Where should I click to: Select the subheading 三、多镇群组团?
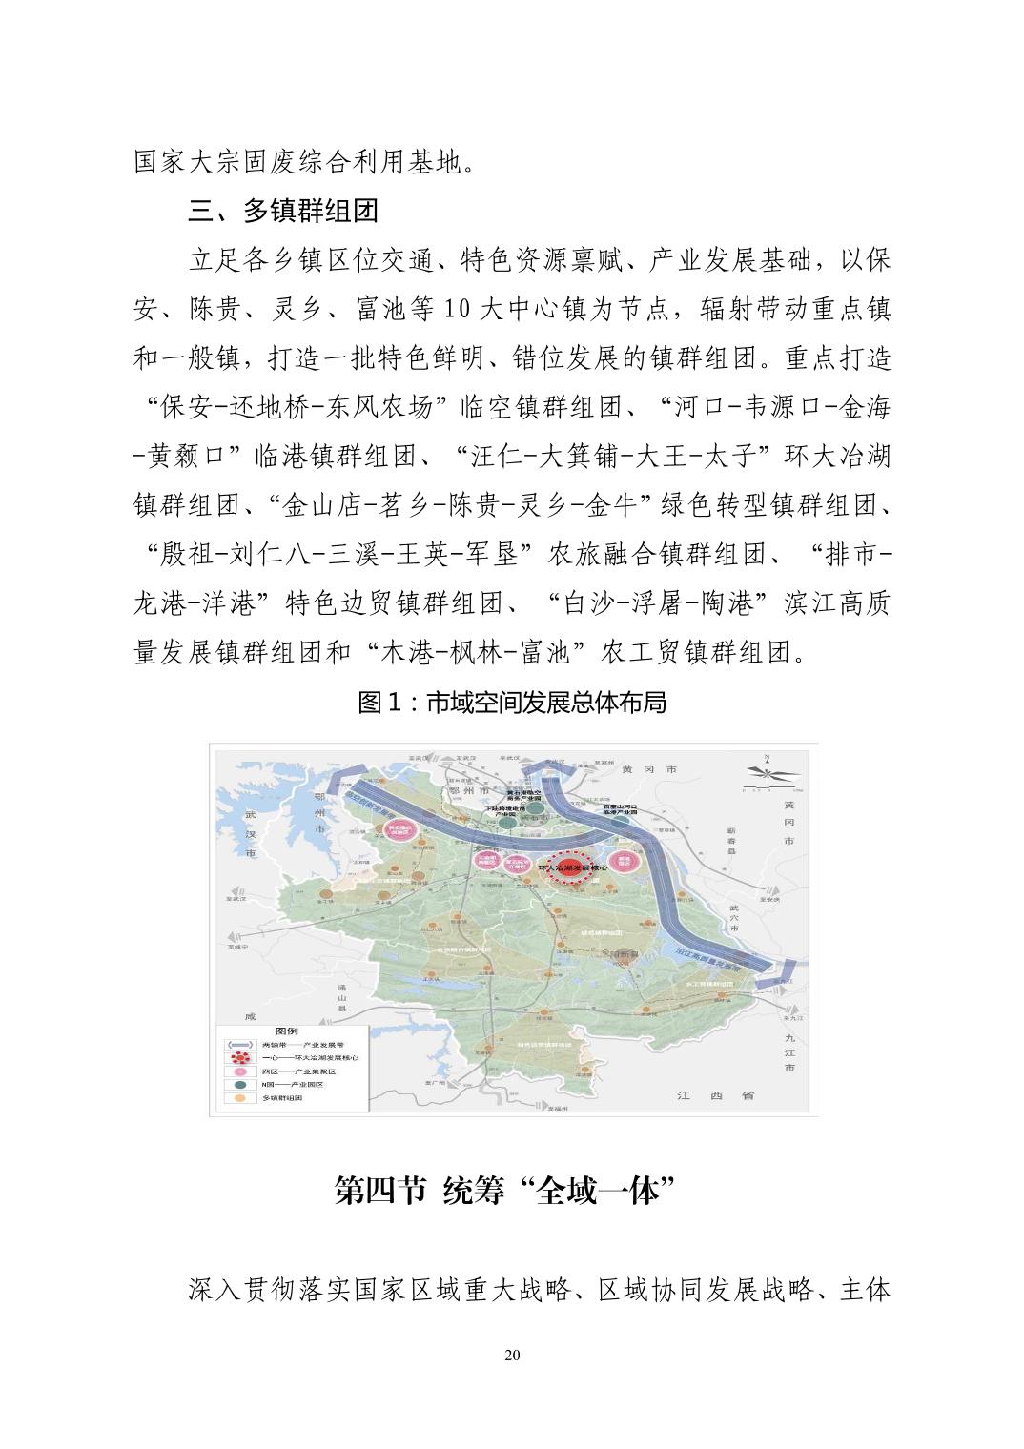click(283, 210)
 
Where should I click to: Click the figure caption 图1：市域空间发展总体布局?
click(511, 703)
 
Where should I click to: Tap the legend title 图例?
click(286, 1031)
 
